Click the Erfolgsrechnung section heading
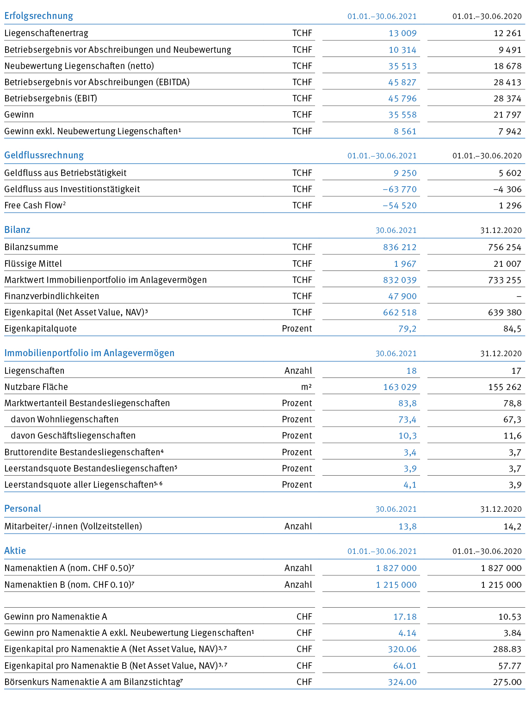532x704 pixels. pyautogui.click(x=39, y=16)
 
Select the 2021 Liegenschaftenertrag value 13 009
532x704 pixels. pyautogui.click(x=402, y=33)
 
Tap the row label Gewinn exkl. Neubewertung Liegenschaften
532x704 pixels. pyautogui.click(x=93, y=131)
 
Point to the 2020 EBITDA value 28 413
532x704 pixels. pyautogui.click(x=507, y=82)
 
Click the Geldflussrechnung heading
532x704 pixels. pyautogui.click(x=44, y=155)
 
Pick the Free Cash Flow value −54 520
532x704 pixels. pyautogui.click(x=400, y=206)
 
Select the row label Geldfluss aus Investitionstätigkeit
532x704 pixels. pyautogui.click(x=72, y=189)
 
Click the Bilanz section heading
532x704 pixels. pyautogui.click(x=17, y=230)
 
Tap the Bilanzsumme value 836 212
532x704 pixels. pyautogui.click(x=400, y=247)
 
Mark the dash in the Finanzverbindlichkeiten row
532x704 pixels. pyautogui.click(x=519, y=297)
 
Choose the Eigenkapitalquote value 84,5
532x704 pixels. pyautogui.click(x=513, y=329)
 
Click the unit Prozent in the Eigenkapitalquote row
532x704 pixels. pyautogui.click(x=297, y=329)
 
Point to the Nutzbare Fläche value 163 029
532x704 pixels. pyautogui.click(x=400, y=387)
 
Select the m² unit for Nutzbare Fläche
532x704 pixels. pyautogui.click(x=307, y=387)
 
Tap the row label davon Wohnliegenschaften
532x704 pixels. pyautogui.click(x=65, y=420)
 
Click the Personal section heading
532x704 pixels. pyautogui.click(x=23, y=509)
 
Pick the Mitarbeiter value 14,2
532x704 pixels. pyautogui.click(x=513, y=526)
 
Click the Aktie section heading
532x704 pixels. pyautogui.click(x=15, y=551)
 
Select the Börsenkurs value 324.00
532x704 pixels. pyautogui.click(x=402, y=682)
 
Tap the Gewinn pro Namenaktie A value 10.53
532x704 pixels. pyautogui.click(x=510, y=617)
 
